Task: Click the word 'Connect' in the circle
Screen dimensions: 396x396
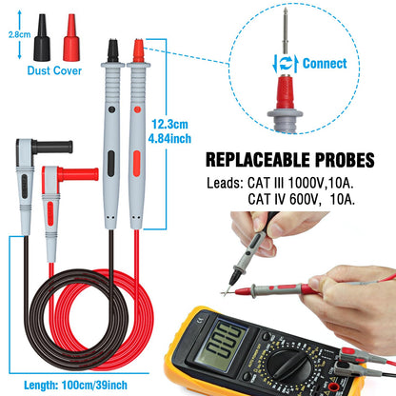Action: click(325, 64)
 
